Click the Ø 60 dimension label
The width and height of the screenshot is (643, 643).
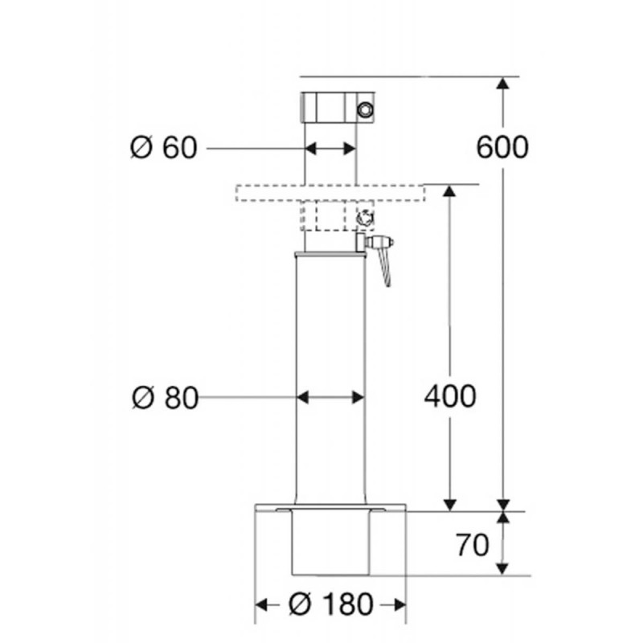tap(164, 148)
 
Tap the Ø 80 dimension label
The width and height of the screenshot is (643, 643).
tap(166, 398)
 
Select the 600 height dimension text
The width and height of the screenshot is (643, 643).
tap(502, 147)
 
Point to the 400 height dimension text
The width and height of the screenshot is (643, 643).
tap(450, 396)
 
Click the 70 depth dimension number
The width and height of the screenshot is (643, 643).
tap(473, 545)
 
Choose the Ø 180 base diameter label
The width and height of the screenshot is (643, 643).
tap(331, 604)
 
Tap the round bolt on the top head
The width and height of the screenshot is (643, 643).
tap(365, 109)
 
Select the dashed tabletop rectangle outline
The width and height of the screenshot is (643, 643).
tap(330, 193)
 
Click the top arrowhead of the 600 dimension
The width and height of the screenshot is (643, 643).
tap(503, 84)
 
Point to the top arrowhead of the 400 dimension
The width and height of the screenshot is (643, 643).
tap(450, 192)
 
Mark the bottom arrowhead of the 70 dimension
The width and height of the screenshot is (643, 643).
tap(503, 568)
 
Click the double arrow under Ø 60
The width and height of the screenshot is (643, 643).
tap(330, 149)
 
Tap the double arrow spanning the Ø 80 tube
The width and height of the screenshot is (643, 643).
tap(330, 397)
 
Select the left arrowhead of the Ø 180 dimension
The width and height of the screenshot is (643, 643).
tap(262, 604)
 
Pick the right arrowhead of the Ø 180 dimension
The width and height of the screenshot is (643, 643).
tap(399, 604)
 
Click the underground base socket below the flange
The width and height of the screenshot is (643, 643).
tap(330, 542)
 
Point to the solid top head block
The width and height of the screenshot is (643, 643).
tap(338, 108)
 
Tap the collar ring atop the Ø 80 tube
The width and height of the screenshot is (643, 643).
tap(330, 255)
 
